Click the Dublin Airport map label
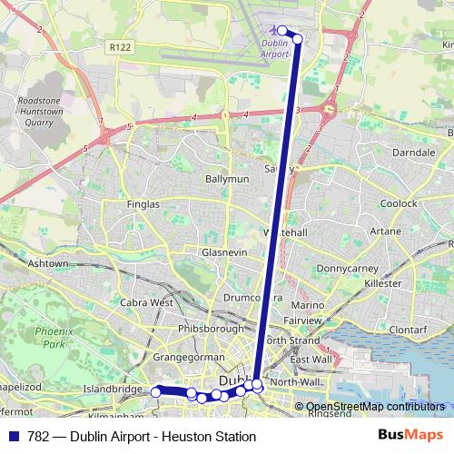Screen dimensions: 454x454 coord(274,48)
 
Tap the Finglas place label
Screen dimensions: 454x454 coord(143,204)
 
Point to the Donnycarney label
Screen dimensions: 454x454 coord(346,269)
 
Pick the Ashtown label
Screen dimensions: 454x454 coord(47,263)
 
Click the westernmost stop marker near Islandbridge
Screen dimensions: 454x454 coord(156,391)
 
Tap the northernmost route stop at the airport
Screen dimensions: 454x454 coord(281,31)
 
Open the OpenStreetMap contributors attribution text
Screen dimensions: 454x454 coord(374,407)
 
